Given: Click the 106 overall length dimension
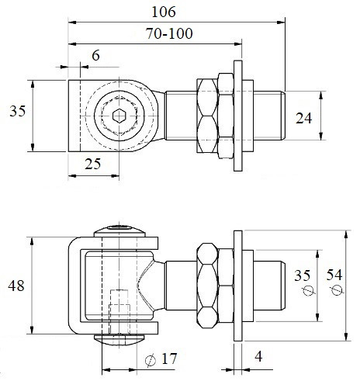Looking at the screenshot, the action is click(164, 12).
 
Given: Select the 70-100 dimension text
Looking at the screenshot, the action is click(169, 33).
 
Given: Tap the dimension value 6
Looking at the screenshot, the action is click(95, 55).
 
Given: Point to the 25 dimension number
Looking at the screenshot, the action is click(92, 164).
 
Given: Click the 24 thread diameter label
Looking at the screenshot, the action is click(303, 118).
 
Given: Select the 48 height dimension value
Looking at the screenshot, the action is click(16, 286).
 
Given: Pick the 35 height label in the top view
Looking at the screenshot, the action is click(18, 111).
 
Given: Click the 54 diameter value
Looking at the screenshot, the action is click(334, 275).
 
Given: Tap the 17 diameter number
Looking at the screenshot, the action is click(169, 358).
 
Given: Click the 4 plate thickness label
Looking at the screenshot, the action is click(258, 356).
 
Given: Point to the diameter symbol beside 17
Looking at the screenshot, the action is click(151, 360).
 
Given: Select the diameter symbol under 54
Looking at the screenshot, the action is click(337, 289).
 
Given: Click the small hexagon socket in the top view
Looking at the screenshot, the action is click(119, 116).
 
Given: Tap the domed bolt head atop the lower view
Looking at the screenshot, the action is click(119, 231).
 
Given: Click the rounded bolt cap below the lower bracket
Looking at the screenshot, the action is click(119, 340).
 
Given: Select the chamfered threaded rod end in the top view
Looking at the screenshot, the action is click(269, 116).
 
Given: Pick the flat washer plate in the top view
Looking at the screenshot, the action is click(238, 116).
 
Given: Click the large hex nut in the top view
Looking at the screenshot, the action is click(207, 116).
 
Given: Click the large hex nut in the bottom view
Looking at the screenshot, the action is click(207, 286).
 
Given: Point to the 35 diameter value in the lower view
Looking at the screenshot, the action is click(302, 275).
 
